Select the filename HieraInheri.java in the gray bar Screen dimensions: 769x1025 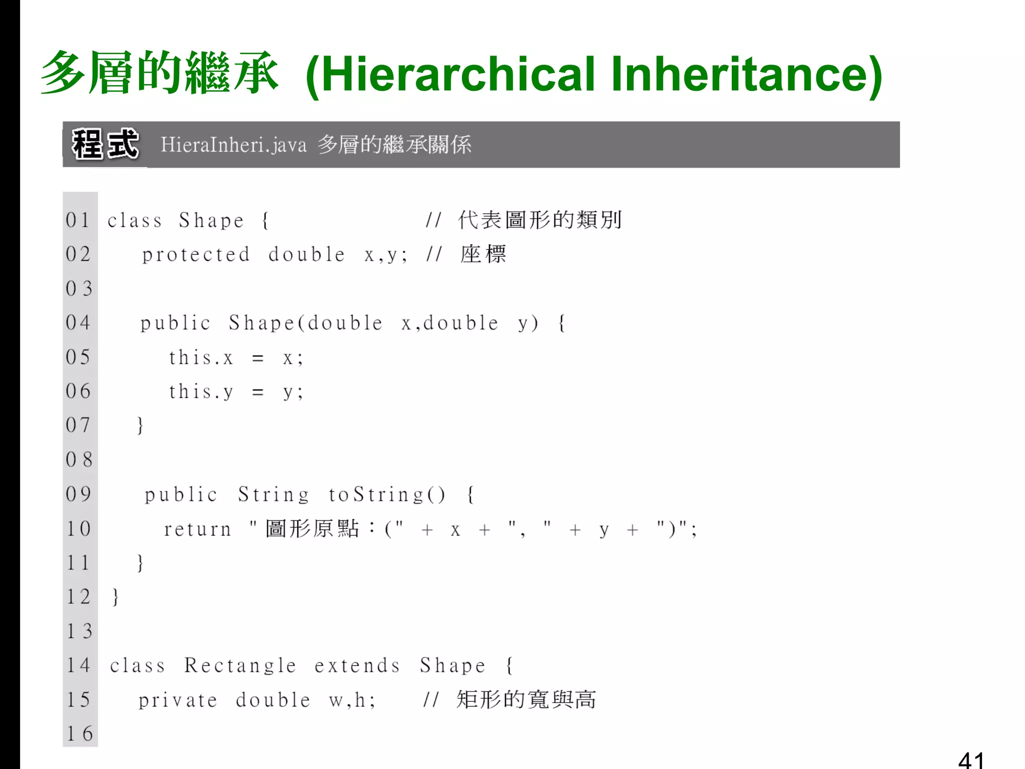[233, 145]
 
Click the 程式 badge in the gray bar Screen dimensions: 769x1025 [105, 144]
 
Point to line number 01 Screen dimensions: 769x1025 [78, 220]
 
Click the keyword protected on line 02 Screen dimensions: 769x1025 [196, 255]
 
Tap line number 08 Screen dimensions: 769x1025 [79, 460]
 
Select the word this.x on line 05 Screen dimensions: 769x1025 [201, 358]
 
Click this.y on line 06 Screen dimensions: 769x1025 [201, 392]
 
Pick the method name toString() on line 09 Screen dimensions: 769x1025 [386, 495]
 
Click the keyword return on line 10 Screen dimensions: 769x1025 [198, 529]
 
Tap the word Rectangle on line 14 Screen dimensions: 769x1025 [240, 666]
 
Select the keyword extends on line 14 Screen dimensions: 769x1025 [357, 666]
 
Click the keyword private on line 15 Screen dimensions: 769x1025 [178, 700]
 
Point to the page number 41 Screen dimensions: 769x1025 [971, 760]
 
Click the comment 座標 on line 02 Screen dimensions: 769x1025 [483, 254]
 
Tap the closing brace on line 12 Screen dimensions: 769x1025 [116, 597]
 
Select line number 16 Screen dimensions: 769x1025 [80, 734]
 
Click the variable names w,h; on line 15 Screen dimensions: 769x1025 [352, 700]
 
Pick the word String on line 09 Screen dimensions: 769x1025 [273, 495]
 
